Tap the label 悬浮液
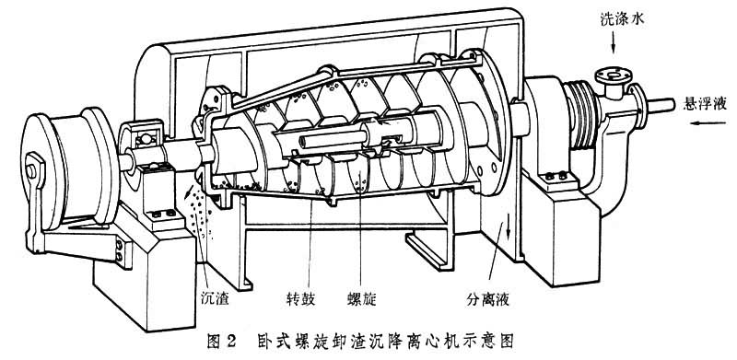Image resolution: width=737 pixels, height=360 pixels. [x=704, y=104]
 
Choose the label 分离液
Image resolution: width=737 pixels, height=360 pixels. [x=488, y=299]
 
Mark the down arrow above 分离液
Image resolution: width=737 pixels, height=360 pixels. [x=509, y=227]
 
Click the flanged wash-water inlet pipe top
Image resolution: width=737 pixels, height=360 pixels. [x=610, y=75]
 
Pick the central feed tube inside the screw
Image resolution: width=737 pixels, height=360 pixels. [x=333, y=140]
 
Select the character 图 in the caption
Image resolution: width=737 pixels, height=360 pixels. [x=215, y=341]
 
